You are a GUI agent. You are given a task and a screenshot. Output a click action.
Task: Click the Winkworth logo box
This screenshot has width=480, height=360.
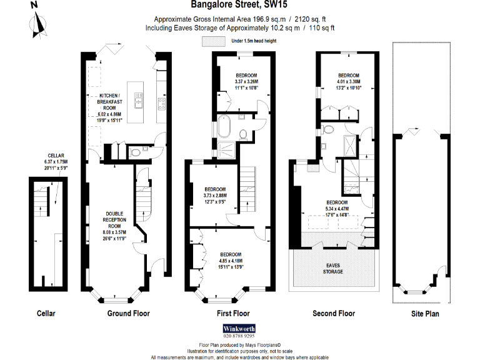[x=239, y=327]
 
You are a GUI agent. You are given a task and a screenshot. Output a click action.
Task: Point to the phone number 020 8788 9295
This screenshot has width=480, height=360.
[x=239, y=336]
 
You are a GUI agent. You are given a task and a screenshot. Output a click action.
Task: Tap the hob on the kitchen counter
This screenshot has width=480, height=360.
[x=161, y=102]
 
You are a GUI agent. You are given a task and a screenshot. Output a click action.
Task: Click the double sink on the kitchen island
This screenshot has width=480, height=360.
[x=138, y=102]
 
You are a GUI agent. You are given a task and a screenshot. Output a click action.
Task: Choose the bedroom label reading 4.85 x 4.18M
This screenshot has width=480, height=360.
[x=231, y=260]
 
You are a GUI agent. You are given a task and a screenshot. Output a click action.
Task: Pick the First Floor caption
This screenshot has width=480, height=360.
[x=232, y=314]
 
